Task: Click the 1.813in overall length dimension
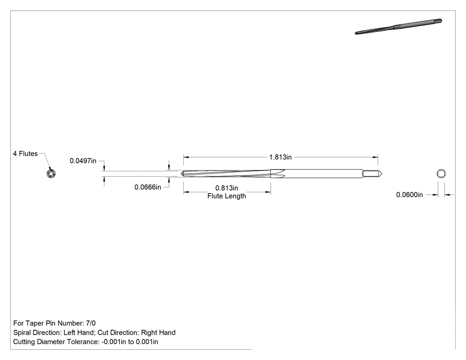coord(280,157)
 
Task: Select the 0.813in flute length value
coord(226,188)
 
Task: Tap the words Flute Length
coord(226,196)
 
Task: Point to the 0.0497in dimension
coord(83,161)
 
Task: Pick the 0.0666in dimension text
coord(148,187)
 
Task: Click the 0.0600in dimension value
coord(409,195)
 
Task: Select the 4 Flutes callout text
coord(25,154)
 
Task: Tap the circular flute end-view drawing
coord(51,173)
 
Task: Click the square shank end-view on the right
coord(441,174)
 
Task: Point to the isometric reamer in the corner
coord(398,27)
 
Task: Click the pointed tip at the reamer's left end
coord(182,174)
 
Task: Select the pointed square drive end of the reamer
coord(372,174)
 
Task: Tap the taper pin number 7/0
coord(91,323)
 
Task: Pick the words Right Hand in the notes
coord(158,332)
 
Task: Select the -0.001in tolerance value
coord(114,341)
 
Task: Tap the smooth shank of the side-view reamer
coord(324,174)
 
